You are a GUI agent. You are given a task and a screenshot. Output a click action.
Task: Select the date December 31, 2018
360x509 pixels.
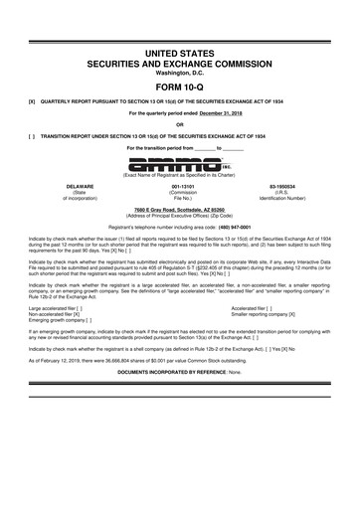pos(218,114)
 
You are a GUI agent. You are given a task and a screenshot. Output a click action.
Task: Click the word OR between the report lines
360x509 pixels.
pos(180,124)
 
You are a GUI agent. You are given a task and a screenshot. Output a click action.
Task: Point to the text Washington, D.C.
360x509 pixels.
pos(180,69)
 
